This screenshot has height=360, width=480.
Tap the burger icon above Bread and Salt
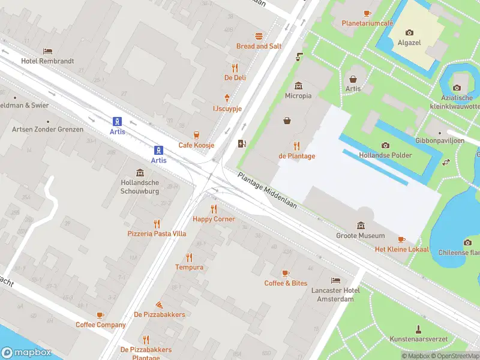[259, 36]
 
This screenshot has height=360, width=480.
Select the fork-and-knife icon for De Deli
[235, 68]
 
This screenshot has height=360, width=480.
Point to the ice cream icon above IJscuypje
[227, 98]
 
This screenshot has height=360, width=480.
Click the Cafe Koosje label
[196, 145]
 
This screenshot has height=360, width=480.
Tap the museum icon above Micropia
[298, 86]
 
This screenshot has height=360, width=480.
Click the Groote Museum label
[361, 236]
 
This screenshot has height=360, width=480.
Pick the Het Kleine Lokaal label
[402, 249]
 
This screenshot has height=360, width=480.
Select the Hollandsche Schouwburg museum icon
[140, 173]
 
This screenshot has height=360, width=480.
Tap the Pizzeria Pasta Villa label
[157, 233]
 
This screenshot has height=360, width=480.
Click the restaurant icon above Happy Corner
[214, 209]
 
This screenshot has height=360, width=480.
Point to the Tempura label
[189, 267]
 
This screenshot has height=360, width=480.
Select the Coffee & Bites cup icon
[286, 273]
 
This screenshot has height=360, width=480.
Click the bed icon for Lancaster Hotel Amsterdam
[335, 280]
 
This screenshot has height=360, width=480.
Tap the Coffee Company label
[101, 325]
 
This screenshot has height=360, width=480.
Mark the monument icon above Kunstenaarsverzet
[418, 329]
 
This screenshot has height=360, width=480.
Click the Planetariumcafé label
[367, 23]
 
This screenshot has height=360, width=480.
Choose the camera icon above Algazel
[409, 32]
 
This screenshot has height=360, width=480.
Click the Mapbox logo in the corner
[26, 353]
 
